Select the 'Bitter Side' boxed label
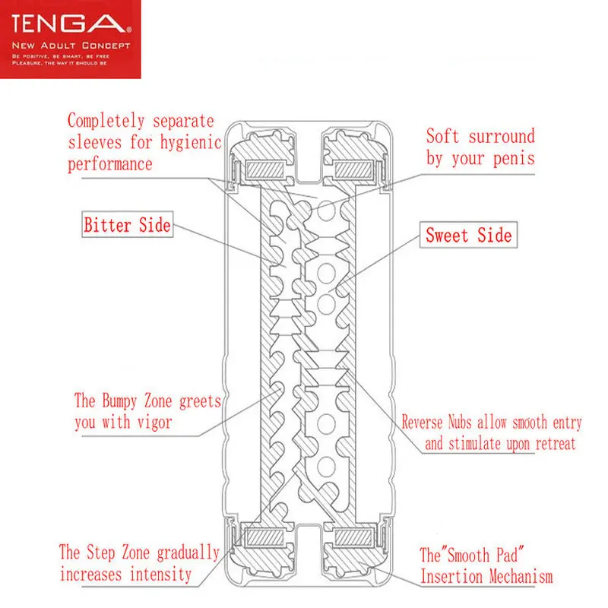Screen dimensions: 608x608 pos(127,225)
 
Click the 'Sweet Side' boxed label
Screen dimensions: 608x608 pos(468,235)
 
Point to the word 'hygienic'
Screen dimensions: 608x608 pos(186,142)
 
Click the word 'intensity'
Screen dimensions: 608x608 pos(161,574)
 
